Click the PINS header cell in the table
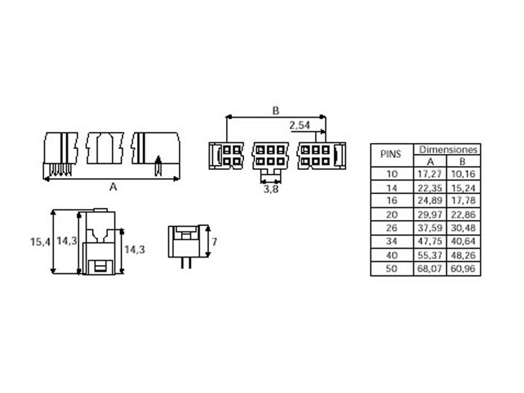(392, 155)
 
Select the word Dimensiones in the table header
(448, 149)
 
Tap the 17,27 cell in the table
(431, 174)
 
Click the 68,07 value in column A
(431, 269)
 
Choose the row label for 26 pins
(392, 228)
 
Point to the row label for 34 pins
(392, 242)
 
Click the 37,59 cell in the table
(431, 228)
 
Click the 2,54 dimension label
(299, 124)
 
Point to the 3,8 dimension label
(271, 190)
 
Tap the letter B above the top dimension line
(275, 110)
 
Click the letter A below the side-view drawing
(113, 188)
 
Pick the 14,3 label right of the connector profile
(133, 249)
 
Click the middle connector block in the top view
(271, 156)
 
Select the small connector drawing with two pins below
(185, 243)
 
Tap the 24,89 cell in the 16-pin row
(431, 201)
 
